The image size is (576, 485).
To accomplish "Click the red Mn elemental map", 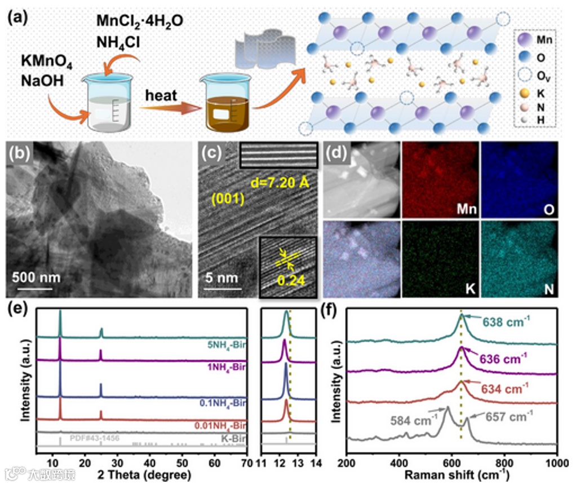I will point(440,179).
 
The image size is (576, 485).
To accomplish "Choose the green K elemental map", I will point(440,258).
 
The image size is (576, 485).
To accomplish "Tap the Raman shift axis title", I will point(451,475).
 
